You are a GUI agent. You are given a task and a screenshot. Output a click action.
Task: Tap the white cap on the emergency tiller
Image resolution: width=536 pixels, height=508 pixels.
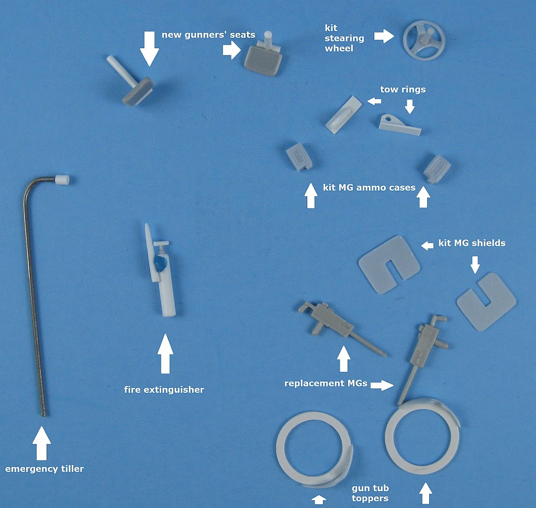(62, 179)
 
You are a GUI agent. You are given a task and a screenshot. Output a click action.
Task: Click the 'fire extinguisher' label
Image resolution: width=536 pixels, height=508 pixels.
(164, 390)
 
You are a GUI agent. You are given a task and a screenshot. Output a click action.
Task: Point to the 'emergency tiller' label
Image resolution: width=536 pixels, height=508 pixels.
(44, 469)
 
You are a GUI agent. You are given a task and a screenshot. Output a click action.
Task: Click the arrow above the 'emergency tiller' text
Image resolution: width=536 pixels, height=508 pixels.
(42, 444)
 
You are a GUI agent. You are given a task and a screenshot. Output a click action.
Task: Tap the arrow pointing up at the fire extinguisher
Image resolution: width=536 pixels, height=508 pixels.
(165, 354)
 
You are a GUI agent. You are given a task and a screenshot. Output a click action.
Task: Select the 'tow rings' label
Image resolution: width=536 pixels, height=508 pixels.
(403, 90)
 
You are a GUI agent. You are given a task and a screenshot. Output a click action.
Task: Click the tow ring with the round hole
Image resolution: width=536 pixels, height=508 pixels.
(399, 125)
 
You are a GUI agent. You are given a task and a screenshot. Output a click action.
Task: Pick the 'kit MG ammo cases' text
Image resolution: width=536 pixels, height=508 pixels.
(369, 187)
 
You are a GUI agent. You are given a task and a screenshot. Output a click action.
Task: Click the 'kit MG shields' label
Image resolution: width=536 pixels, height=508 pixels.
(472, 243)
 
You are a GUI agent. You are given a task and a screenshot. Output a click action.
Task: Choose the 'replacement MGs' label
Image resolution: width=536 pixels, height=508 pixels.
(326, 383)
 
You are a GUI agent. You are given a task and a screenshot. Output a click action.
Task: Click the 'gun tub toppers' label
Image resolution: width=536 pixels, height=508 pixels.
(370, 493)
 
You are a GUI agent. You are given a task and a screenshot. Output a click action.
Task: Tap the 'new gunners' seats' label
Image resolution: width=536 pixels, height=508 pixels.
(208, 35)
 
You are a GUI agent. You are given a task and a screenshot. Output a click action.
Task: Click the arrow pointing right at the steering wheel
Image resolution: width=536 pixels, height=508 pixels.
(384, 36)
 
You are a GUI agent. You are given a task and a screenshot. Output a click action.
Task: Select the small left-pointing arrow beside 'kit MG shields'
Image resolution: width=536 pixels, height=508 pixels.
(427, 245)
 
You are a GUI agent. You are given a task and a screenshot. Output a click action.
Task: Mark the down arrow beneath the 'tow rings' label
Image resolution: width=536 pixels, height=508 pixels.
(409, 106)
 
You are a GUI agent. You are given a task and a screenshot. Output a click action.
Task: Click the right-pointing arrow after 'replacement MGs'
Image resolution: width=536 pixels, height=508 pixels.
(382, 385)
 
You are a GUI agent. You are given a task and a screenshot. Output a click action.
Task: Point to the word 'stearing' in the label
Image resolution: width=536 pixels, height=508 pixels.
(344, 38)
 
